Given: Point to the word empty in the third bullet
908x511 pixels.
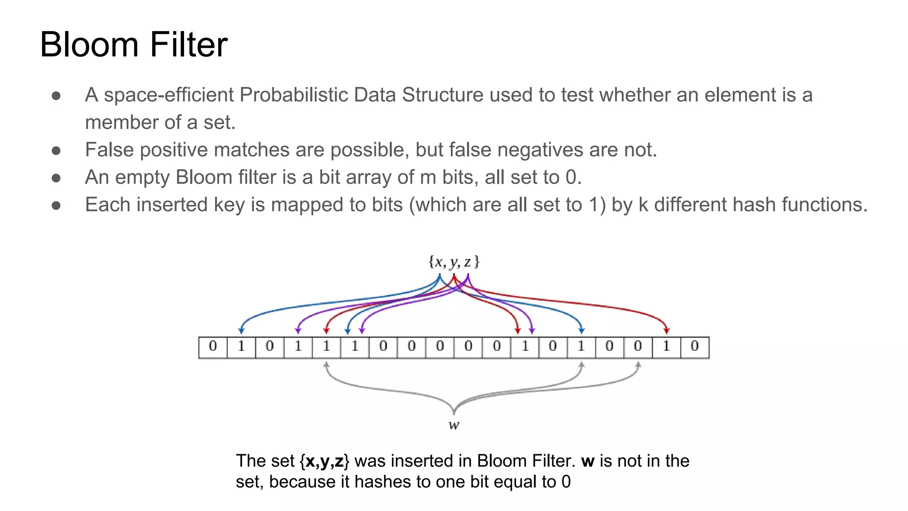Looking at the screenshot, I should (x=142, y=177).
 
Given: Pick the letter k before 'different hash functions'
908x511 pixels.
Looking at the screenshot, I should (x=643, y=205).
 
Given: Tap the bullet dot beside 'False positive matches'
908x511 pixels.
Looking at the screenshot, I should (x=56, y=151).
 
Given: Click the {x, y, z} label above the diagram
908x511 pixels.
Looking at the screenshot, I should (x=454, y=262).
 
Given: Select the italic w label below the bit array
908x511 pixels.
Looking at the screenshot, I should (x=454, y=425).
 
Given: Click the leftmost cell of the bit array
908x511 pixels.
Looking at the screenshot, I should (x=213, y=347).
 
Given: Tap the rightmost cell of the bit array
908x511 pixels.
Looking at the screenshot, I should (x=695, y=347).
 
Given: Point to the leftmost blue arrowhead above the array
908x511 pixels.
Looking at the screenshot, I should (x=241, y=330).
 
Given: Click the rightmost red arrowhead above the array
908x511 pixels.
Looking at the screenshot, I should (x=666, y=330).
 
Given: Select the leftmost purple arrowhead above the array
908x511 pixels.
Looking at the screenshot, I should (x=298, y=330).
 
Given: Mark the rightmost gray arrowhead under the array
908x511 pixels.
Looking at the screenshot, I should (x=638, y=365).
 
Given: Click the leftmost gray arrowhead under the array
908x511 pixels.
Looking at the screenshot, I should (x=326, y=365).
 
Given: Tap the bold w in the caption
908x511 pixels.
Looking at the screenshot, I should (x=587, y=461).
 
